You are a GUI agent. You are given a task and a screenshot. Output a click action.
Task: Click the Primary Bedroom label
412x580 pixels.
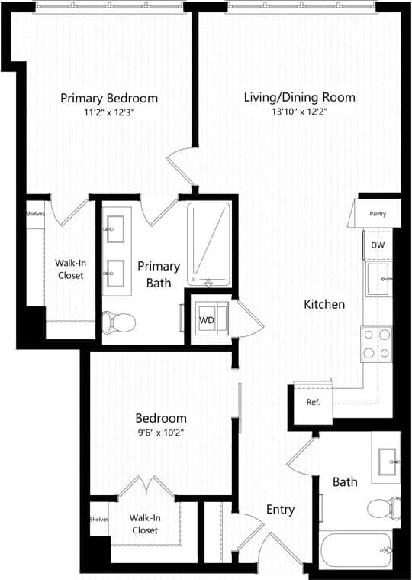[109, 98]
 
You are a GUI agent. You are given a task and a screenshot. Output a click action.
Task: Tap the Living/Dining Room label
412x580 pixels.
[299, 98]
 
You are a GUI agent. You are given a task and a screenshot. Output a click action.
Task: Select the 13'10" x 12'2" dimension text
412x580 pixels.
[299, 112]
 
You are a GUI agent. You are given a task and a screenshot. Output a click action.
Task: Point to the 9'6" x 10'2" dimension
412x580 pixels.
[161, 432]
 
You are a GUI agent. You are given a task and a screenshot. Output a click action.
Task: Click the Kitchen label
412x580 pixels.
[324, 304]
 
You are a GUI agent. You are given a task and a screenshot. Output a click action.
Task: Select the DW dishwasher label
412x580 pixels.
[378, 245]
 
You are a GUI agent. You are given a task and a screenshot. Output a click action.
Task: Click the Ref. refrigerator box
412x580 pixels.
[313, 402]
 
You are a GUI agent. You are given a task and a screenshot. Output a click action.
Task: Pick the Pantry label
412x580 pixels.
[378, 214]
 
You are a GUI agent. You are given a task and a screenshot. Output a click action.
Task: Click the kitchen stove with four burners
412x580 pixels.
[376, 343]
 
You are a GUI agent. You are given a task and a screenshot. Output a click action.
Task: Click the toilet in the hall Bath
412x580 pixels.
[384, 507]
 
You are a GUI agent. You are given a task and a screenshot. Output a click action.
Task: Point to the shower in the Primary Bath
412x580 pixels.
[208, 243]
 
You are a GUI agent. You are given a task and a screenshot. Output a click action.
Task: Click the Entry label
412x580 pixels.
[280, 510]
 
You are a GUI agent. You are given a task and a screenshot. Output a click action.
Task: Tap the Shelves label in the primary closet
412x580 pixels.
[35, 214]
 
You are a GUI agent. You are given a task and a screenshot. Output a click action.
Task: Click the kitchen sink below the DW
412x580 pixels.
[378, 280]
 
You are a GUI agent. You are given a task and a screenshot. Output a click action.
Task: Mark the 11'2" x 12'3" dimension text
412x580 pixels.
[109, 112]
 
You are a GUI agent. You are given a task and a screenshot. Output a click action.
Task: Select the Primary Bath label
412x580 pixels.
[159, 274]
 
